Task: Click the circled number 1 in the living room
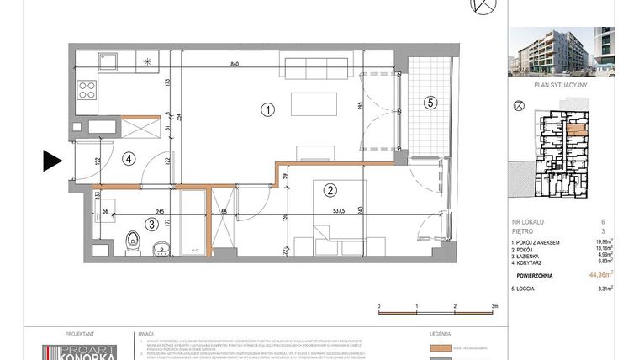pyautogui.click(x=267, y=109)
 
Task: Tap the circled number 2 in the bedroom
pyautogui.click(x=330, y=190)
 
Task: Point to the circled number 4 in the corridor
pyautogui.click(x=128, y=156)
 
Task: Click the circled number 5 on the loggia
pyautogui.click(x=430, y=103)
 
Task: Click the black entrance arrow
pyautogui.click(x=52, y=159)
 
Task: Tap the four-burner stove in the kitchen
pyautogui.click(x=86, y=87)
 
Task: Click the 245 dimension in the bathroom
pyautogui.click(x=156, y=212)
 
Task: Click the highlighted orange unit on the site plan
pyautogui.click(x=576, y=130)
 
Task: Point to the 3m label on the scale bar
pyautogui.click(x=494, y=306)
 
